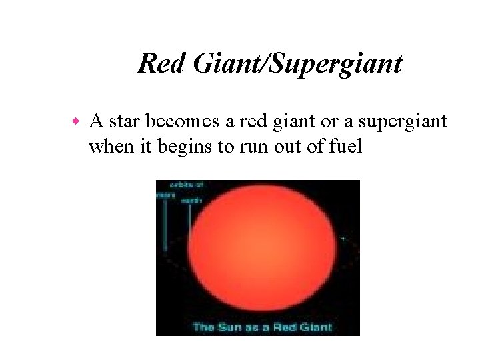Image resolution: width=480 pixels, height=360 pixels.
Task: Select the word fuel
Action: tap(345, 146)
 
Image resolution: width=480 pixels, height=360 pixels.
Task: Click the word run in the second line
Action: tap(243, 147)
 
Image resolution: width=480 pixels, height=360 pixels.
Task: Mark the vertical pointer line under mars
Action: tap(165, 227)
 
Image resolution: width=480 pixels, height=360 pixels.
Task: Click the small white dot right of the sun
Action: tap(343, 238)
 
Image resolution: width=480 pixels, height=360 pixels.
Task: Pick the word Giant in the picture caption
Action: tap(314, 327)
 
